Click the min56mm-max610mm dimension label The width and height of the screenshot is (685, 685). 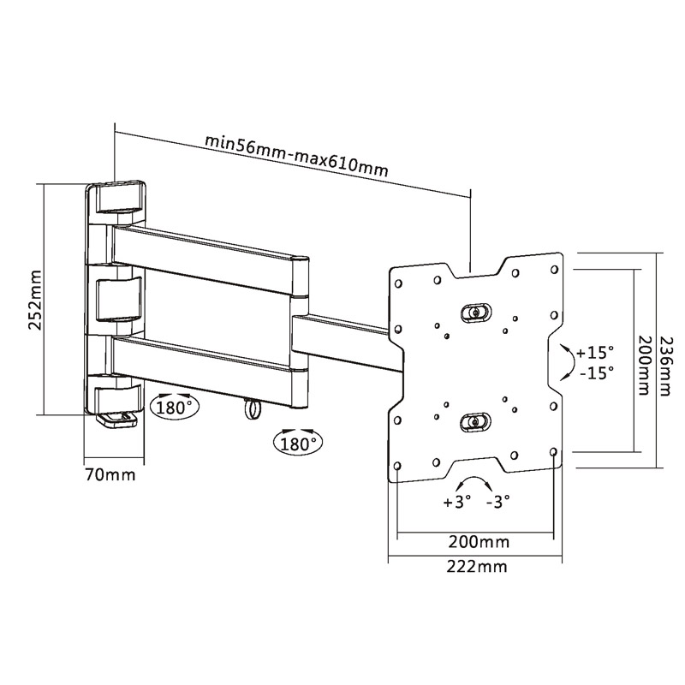click(x=296, y=155)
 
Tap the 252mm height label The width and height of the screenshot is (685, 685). click(x=34, y=301)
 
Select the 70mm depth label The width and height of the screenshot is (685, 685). click(x=110, y=474)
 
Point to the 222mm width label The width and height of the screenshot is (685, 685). click(x=477, y=567)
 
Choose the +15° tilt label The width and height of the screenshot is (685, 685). click(x=595, y=353)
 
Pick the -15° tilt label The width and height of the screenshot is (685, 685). click(x=597, y=372)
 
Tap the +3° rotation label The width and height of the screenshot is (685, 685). click(x=457, y=502)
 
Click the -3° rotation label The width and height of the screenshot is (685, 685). click(x=498, y=502)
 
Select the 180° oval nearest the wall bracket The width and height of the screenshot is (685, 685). click(x=175, y=408)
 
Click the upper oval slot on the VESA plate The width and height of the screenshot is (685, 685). click(x=476, y=313)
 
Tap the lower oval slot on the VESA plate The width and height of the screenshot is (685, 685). click(x=475, y=422)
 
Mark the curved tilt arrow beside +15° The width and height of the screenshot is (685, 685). click(x=569, y=361)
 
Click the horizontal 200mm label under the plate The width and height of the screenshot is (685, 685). click(x=479, y=542)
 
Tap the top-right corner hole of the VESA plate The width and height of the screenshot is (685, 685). click(x=555, y=269)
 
